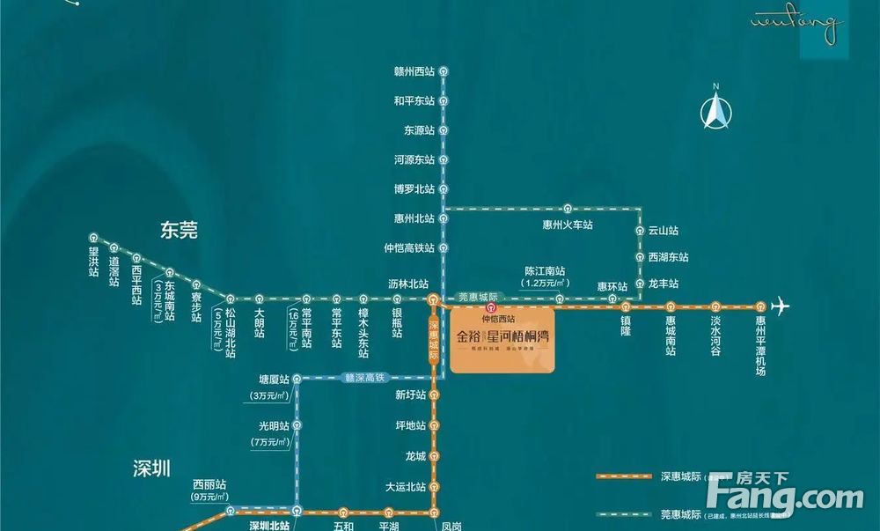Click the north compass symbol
tap(716, 109)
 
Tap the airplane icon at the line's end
tap(780, 306)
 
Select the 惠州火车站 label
tap(568, 225)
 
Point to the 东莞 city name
tap(179, 231)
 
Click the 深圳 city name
tap(151, 468)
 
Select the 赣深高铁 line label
tap(363, 378)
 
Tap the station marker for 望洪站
tap(94, 237)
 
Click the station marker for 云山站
tap(642, 230)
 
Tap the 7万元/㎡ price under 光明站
tap(270, 441)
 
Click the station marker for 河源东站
tap(444, 160)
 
